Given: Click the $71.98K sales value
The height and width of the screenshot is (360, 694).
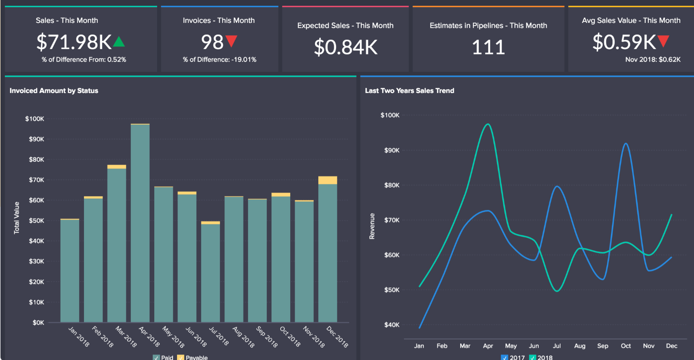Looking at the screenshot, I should [74, 42].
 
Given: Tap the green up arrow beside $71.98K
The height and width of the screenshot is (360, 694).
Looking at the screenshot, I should [119, 42].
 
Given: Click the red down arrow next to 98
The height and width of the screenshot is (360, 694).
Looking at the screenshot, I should [231, 42].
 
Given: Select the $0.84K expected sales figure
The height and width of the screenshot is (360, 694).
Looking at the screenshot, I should [346, 47].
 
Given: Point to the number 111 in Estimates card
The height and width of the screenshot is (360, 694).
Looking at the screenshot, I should [488, 47].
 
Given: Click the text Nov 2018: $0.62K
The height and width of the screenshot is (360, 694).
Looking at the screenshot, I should [653, 60].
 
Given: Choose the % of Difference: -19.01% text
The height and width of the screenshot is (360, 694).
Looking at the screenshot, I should [220, 60].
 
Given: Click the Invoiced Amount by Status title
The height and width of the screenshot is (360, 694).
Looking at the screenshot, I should [54, 91].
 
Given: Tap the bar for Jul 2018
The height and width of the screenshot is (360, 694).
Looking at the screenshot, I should [210, 272].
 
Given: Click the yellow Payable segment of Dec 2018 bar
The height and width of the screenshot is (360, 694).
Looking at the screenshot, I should [327, 180].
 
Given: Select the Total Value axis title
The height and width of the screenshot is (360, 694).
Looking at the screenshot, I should [17, 218].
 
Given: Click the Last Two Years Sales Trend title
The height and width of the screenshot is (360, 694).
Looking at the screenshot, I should [410, 91].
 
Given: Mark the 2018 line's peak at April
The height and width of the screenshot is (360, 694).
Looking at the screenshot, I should [488, 124].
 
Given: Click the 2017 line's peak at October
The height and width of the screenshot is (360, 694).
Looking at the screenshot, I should [625, 143].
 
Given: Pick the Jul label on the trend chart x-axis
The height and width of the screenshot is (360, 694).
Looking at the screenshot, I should [557, 346].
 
